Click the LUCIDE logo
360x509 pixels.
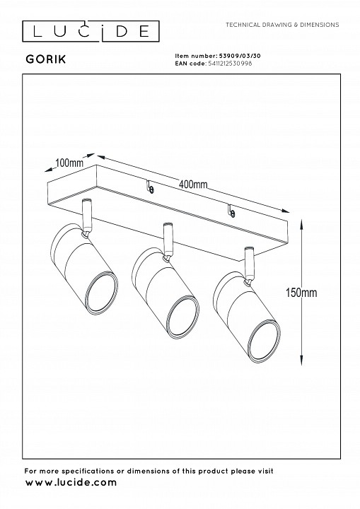[91, 31]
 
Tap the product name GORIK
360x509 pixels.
[46, 59]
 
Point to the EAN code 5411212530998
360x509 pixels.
[229, 64]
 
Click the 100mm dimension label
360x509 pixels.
[69, 163]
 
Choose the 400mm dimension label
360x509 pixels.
[193, 185]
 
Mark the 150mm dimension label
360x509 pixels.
[301, 293]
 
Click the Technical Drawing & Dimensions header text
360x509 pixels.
[282, 25]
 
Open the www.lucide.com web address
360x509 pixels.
[71, 482]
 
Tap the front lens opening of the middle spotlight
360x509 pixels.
[183, 317]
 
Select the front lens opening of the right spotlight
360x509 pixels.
[265, 342]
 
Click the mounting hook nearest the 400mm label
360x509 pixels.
[150, 187]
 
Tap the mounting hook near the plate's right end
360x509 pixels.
[231, 211]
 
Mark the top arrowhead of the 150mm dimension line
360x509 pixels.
[302, 224]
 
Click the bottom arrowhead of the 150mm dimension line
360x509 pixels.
[302, 360]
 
